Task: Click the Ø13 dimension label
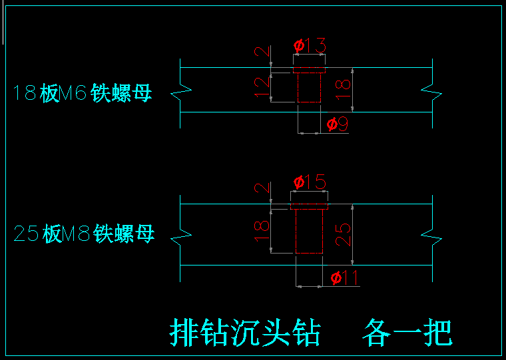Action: pyautogui.click(x=310, y=46)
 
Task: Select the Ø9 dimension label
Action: pyautogui.click(x=338, y=124)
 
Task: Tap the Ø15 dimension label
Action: pyautogui.click(x=310, y=182)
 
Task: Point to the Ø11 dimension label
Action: pyautogui.click(x=344, y=277)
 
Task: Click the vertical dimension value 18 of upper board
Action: pyautogui.click(x=343, y=90)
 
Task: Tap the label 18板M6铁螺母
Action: pyautogui.click(x=83, y=93)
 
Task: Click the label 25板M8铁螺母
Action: pyautogui.click(x=84, y=234)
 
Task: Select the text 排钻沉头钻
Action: pyautogui.click(x=246, y=332)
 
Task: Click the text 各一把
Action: pyautogui.click(x=407, y=332)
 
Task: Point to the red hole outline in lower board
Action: pyautogui.click(x=309, y=230)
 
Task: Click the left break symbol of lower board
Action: pyautogui.click(x=181, y=236)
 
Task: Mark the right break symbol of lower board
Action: pyautogui.click(x=431, y=236)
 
